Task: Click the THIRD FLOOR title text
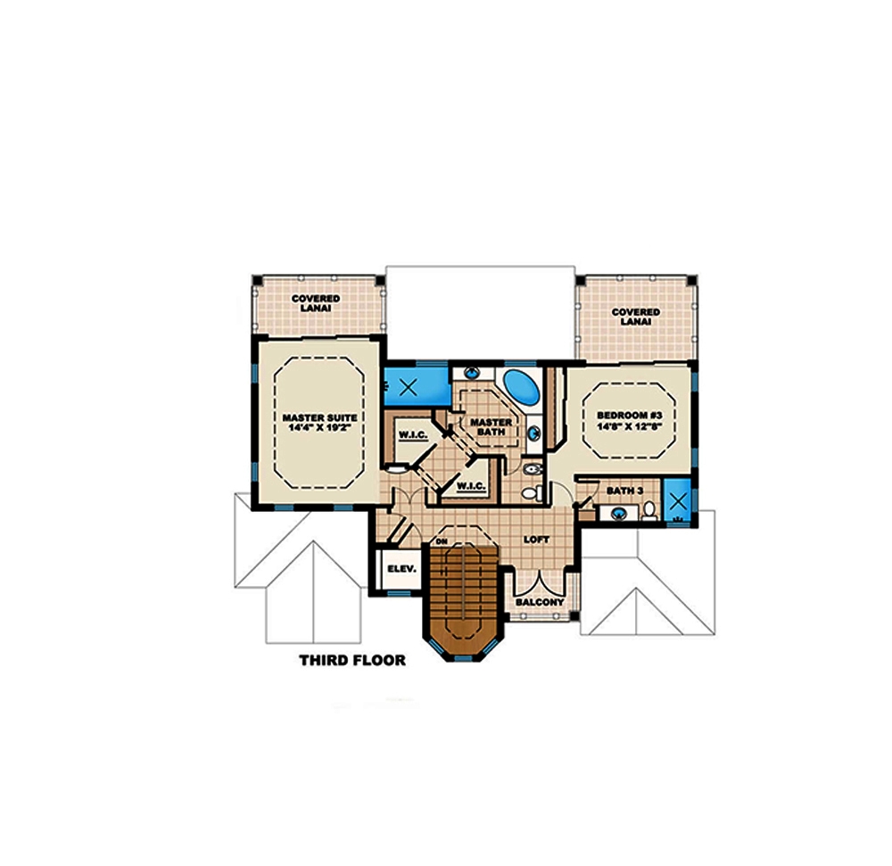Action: [x=352, y=661]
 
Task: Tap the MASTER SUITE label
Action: [x=319, y=417]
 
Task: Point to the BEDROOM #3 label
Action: [x=628, y=416]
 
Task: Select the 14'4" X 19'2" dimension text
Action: [x=319, y=428]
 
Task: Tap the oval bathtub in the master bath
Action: [x=521, y=386]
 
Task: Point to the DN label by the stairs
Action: [x=441, y=540]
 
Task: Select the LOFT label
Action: [x=537, y=540]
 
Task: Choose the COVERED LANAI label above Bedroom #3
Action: [x=635, y=317]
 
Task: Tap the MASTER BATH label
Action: [x=491, y=426]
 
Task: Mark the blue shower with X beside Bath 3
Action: [x=680, y=500]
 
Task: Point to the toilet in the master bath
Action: [x=528, y=491]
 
